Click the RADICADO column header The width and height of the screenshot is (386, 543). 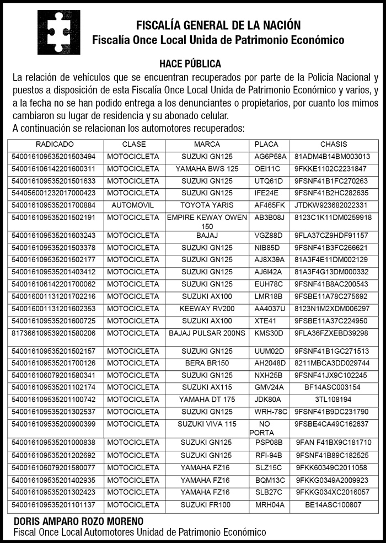[x=55, y=144]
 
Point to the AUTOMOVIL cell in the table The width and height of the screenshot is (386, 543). [x=133, y=205]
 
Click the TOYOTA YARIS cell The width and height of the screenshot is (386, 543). [x=207, y=205]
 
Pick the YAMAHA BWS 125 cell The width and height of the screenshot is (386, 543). [x=207, y=169]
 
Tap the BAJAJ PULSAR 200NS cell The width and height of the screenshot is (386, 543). [x=207, y=333]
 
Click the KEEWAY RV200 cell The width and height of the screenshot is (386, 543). [x=207, y=308]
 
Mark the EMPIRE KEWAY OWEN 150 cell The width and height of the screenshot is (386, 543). [x=207, y=222]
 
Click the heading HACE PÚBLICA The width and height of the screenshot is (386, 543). [x=190, y=64]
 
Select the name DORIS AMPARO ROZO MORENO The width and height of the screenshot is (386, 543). [x=78, y=521]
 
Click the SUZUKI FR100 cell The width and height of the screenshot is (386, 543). [x=207, y=504]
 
